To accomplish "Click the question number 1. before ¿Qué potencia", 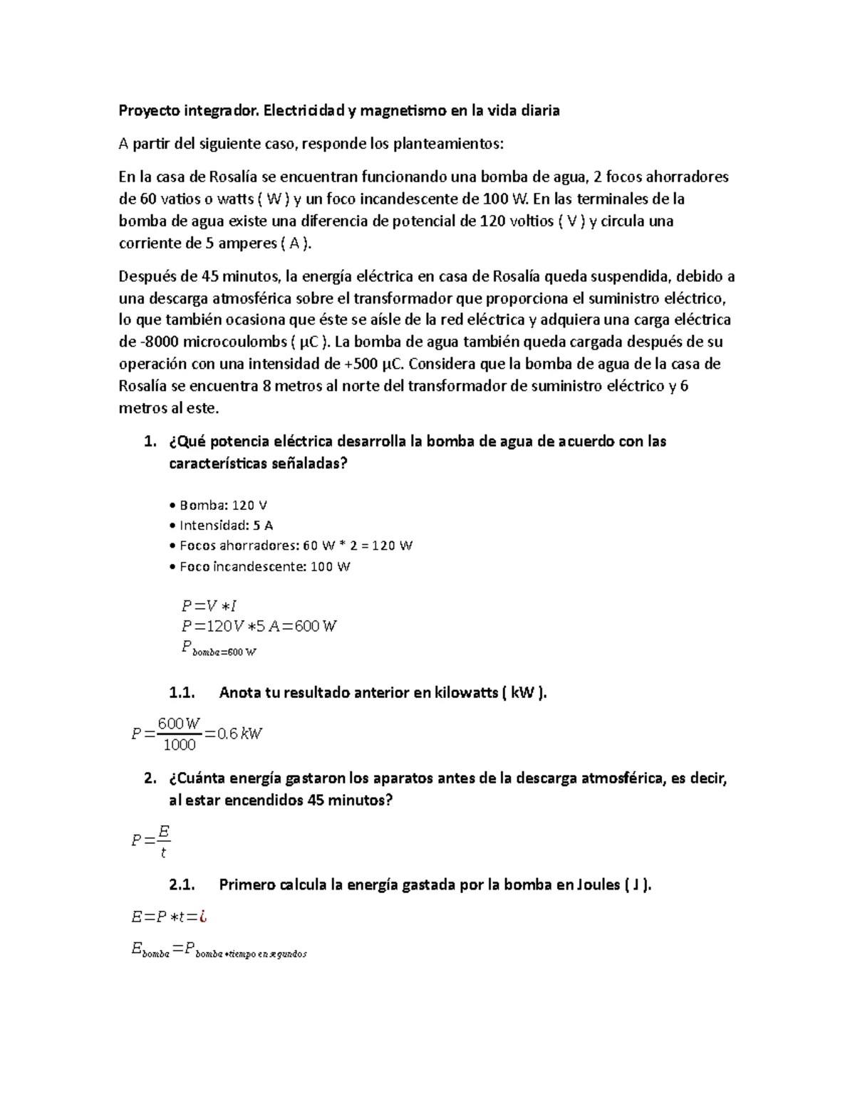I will pyautogui.click(x=149, y=442).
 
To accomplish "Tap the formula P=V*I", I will pyautogui.click(x=209, y=607).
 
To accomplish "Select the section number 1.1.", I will pyautogui.click(x=182, y=693).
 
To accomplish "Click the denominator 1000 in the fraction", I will pyautogui.click(x=179, y=746).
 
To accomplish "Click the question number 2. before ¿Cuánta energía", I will pyautogui.click(x=149, y=778).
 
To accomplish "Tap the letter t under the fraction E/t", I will pyautogui.click(x=163, y=852).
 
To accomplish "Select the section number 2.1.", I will pyautogui.click(x=182, y=885).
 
